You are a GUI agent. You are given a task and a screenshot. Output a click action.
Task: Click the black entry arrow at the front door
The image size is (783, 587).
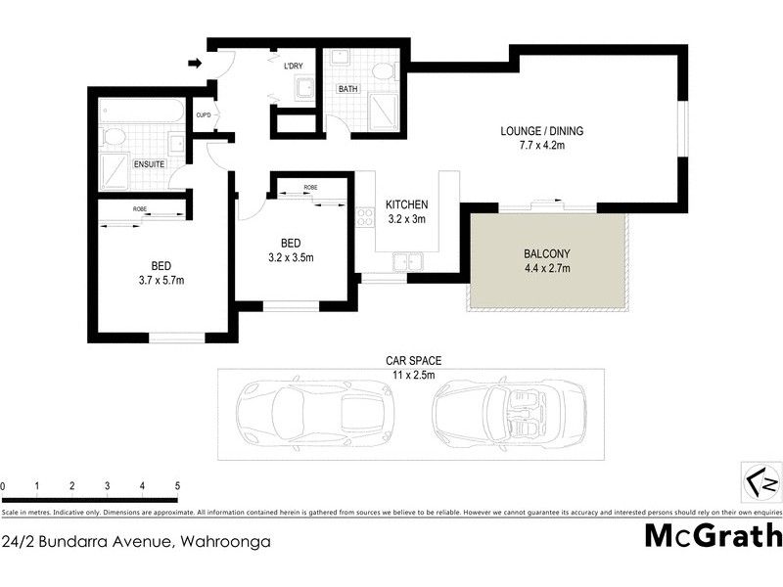pyautogui.click(x=195, y=65)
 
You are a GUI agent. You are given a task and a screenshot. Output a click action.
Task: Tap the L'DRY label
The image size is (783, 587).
pyautogui.click(x=293, y=67)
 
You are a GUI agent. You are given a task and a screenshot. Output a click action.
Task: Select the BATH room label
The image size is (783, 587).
pyautogui.click(x=347, y=89)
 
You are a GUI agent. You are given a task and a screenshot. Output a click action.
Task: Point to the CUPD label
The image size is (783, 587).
pyautogui.click(x=204, y=114)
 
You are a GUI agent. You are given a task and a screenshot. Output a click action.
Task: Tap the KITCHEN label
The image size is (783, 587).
pyautogui.click(x=406, y=204)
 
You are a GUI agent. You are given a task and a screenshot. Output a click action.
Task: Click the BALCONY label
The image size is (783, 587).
pyautogui.click(x=547, y=252)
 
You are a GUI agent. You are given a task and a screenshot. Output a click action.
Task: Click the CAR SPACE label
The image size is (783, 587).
pyautogui.click(x=409, y=360)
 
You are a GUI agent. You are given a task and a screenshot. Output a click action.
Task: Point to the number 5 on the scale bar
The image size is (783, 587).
pyautogui.click(x=177, y=486)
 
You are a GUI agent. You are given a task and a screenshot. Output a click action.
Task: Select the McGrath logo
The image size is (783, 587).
pyautogui.click(x=713, y=536)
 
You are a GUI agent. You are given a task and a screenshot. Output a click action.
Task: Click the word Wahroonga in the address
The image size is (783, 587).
pyautogui.click(x=224, y=540)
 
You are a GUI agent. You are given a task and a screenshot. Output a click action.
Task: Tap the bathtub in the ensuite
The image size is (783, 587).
pyautogui.click(x=143, y=110)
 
